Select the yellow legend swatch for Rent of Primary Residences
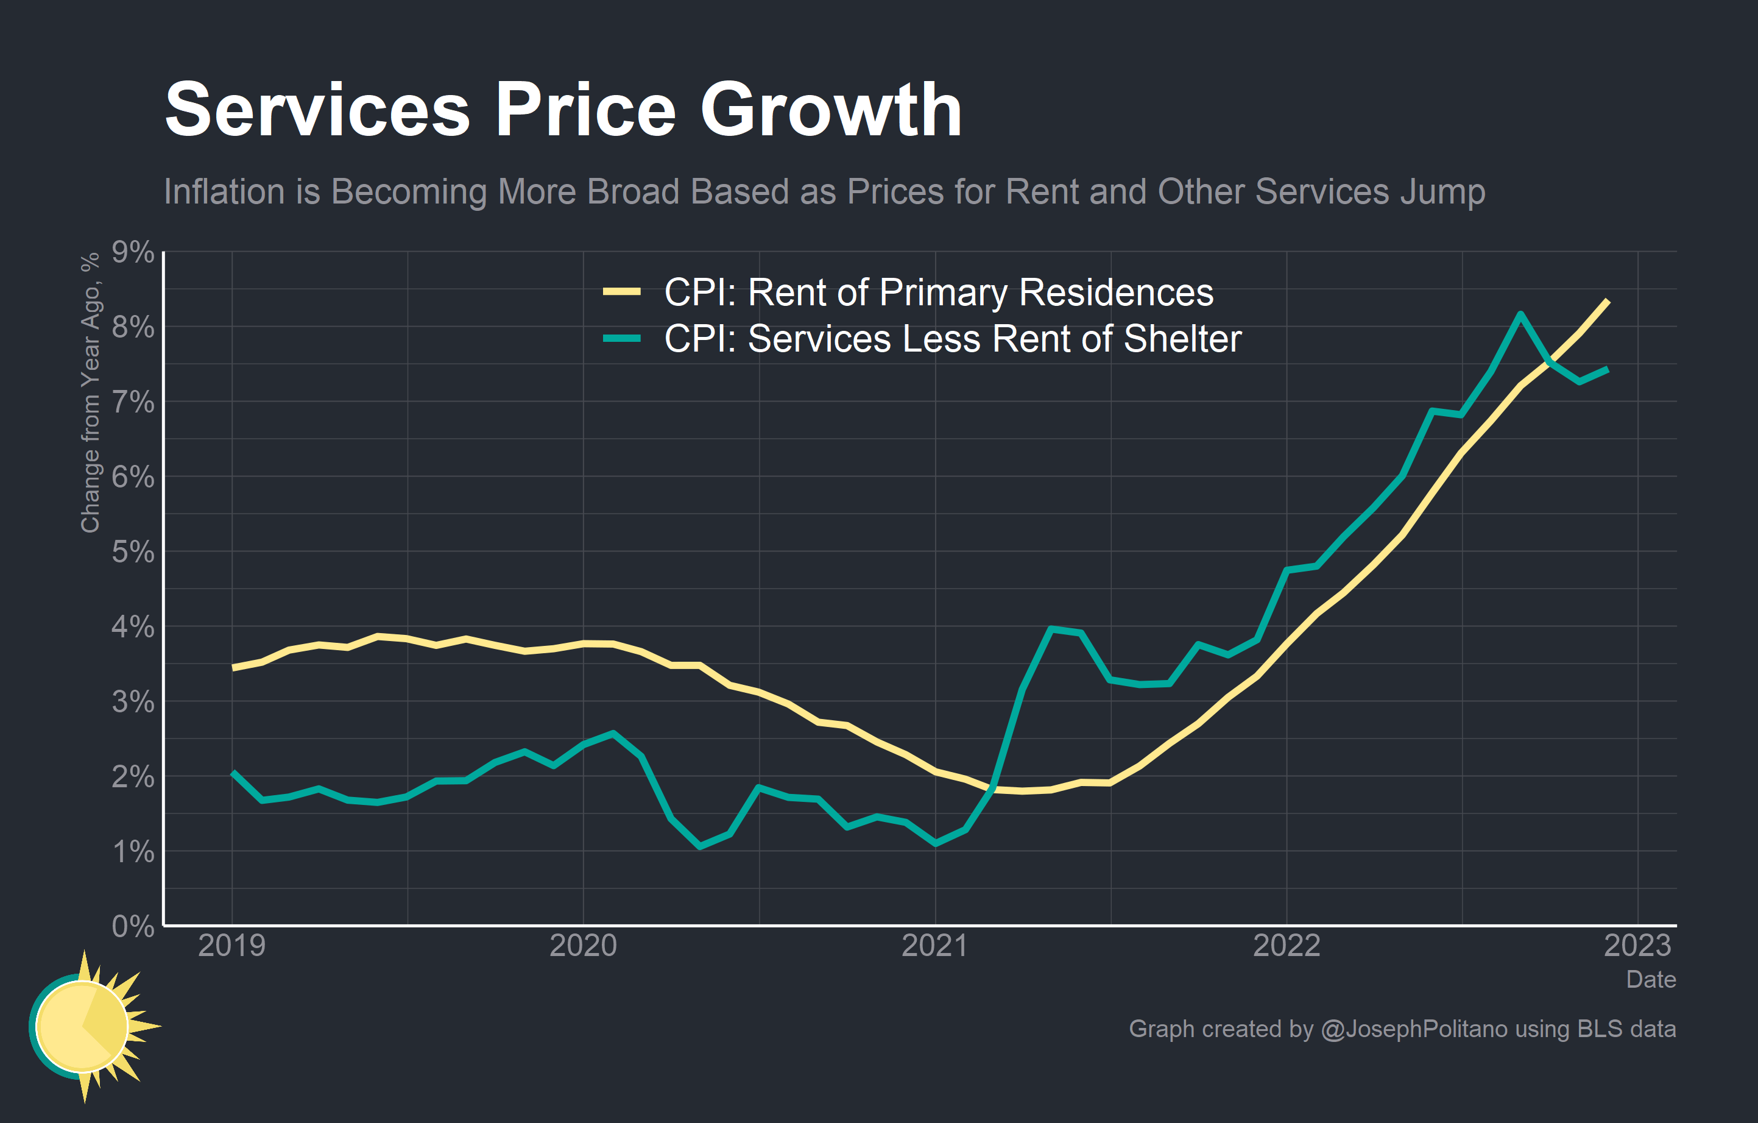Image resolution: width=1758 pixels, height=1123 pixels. [x=621, y=292]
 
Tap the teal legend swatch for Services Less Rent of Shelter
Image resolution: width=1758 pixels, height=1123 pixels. [x=621, y=338]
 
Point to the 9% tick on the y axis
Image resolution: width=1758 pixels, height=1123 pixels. [x=133, y=253]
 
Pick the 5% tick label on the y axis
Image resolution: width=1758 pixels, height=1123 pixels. [x=133, y=552]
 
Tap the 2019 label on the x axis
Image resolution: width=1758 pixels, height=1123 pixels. [x=231, y=946]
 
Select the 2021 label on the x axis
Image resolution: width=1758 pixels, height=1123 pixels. [x=934, y=946]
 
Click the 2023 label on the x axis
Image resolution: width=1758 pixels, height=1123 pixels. [x=1637, y=946]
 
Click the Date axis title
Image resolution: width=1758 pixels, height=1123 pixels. [x=1651, y=979]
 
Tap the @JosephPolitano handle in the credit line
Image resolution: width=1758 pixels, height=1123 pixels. [x=1414, y=1029]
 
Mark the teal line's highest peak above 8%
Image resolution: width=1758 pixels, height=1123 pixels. [x=1520, y=314]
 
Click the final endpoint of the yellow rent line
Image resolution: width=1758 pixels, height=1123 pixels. [x=1608, y=301]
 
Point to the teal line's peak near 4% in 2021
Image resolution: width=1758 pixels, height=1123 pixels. [x=1051, y=629]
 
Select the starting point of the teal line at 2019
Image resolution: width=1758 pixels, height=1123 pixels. [x=232, y=772]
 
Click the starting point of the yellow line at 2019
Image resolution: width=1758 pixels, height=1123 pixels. [x=232, y=667]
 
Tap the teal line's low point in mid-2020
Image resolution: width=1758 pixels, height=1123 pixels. [x=700, y=846]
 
